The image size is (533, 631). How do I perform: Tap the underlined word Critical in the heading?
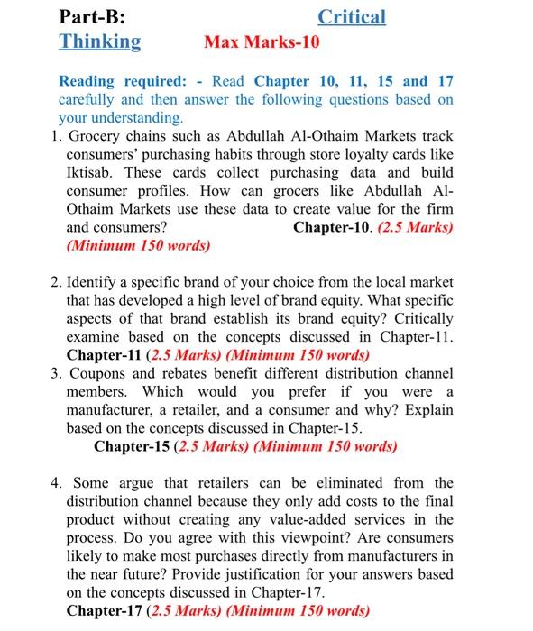point(352,16)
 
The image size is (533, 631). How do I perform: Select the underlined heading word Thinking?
point(100,41)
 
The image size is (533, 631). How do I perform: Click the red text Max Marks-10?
point(262,41)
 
